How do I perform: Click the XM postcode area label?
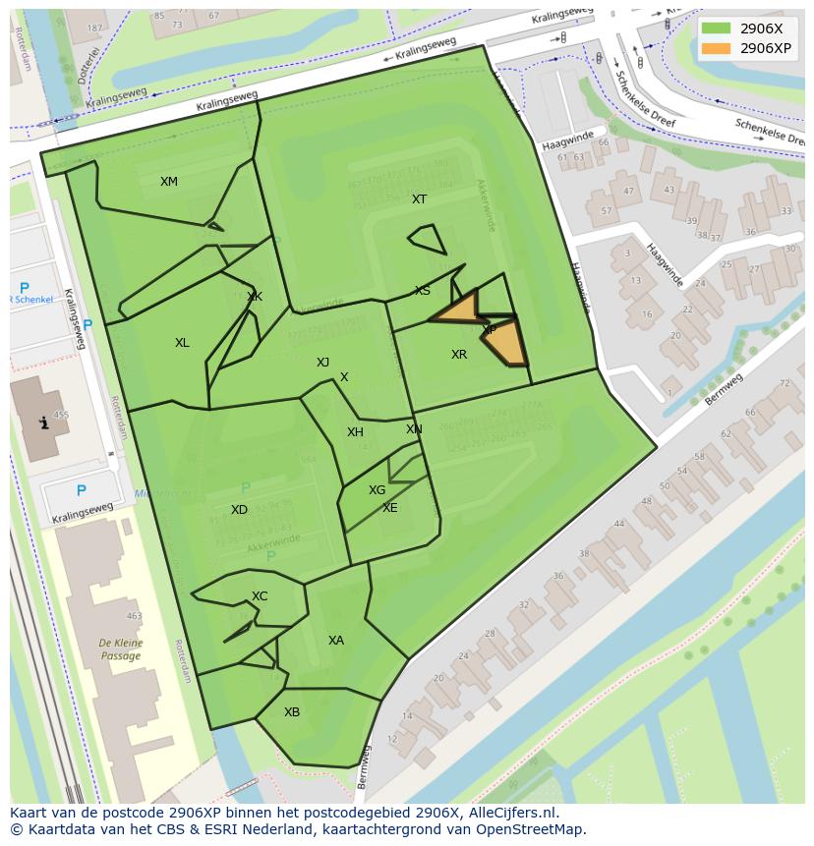point(169,182)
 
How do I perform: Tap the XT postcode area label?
point(420,199)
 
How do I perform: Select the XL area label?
point(182,343)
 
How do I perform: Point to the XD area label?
point(239,510)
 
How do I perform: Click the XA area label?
point(336,641)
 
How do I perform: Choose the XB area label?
point(292,712)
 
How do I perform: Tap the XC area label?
point(260,596)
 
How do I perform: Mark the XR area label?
point(459,355)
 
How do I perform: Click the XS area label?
point(423,291)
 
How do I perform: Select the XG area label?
point(378,490)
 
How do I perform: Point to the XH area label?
point(355,432)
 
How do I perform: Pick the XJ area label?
point(322,363)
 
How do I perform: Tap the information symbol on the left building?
point(42,423)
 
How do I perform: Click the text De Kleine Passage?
point(121,650)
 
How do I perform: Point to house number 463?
point(134,617)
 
